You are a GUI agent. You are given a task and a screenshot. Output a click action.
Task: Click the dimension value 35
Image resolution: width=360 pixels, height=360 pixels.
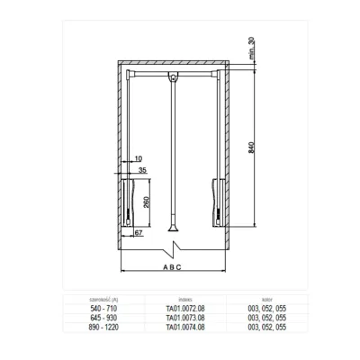pos(142,169)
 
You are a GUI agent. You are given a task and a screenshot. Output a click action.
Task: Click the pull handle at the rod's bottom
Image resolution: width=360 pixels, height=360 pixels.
pos(172,231)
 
